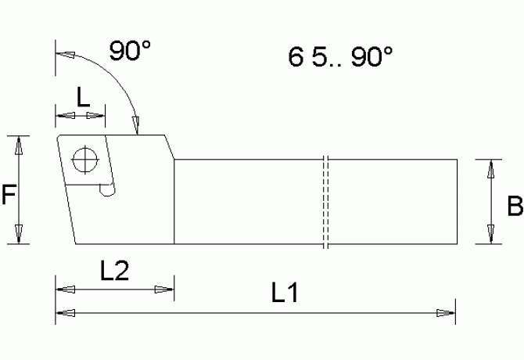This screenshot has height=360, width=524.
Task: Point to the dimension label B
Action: click(x=514, y=206)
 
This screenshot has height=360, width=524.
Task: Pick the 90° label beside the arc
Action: click(x=130, y=52)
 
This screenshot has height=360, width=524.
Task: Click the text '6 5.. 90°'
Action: click(x=339, y=58)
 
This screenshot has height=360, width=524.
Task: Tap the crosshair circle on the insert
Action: click(x=82, y=160)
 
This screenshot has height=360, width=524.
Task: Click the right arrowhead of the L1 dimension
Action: click(x=447, y=313)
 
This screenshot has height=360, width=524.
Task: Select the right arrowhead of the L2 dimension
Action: click(x=164, y=290)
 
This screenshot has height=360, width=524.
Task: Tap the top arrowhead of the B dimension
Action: click(x=491, y=169)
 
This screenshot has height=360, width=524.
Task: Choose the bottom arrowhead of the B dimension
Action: click(x=491, y=234)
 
